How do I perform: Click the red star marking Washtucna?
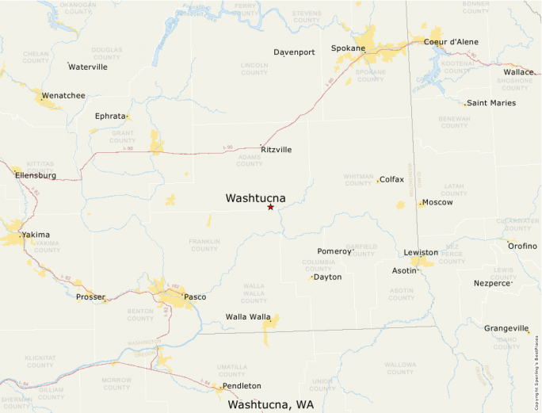pos(270,207)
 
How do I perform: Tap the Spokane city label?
pos(348,48)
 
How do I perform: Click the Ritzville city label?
pos(276,149)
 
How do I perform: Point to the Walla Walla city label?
pos(248,317)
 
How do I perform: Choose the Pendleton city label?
pos(242,385)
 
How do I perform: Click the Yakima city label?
pos(36,235)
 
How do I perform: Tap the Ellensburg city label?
pos(36,175)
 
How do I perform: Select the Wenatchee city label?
pos(63,96)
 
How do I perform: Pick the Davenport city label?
pos(294,52)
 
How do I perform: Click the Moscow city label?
pos(437,202)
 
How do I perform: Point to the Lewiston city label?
pos(421,252)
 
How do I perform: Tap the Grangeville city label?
pos(506,328)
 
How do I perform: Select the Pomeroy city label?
pos(334,251)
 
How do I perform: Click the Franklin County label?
pos(204,244)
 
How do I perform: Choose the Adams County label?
pos(249,160)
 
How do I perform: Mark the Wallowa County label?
pos(400,368)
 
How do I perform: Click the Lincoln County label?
pos(254,69)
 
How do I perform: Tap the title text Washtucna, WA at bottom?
pos(270,404)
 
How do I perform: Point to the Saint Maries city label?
pos(491,103)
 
